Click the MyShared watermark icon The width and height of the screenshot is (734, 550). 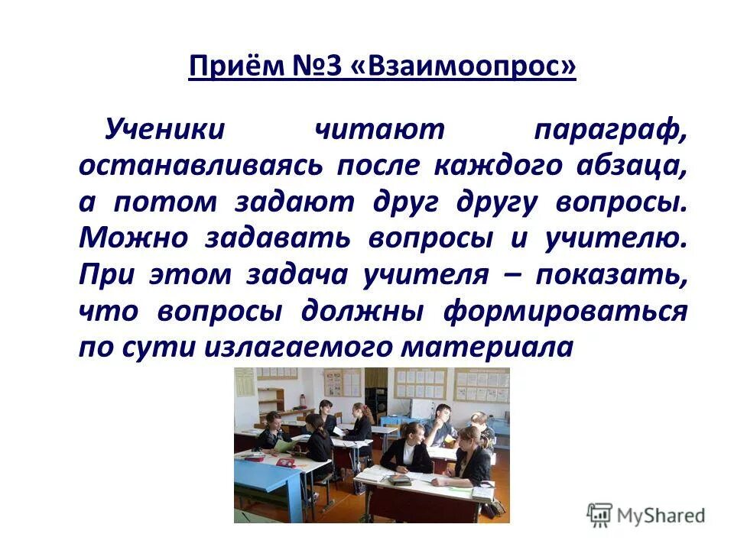tap(599, 515)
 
